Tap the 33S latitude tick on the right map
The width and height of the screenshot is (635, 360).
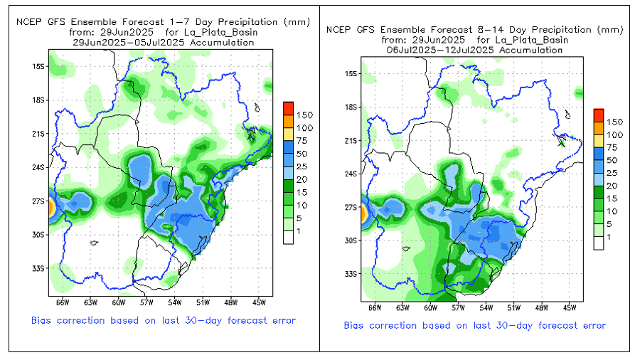click(x=350, y=274)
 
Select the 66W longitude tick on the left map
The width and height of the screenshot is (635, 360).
click(x=62, y=302)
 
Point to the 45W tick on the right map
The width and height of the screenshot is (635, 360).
click(x=568, y=308)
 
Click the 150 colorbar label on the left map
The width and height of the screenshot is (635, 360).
click(x=304, y=115)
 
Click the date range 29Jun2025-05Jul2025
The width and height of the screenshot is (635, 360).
click(x=164, y=43)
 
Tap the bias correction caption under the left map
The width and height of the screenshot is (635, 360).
click(x=163, y=320)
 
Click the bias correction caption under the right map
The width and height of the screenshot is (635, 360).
click(x=474, y=325)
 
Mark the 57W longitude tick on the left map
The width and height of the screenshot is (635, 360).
click(x=147, y=302)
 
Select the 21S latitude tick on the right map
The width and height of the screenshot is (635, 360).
click(x=350, y=140)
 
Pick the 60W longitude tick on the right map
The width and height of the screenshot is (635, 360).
click(x=429, y=308)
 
